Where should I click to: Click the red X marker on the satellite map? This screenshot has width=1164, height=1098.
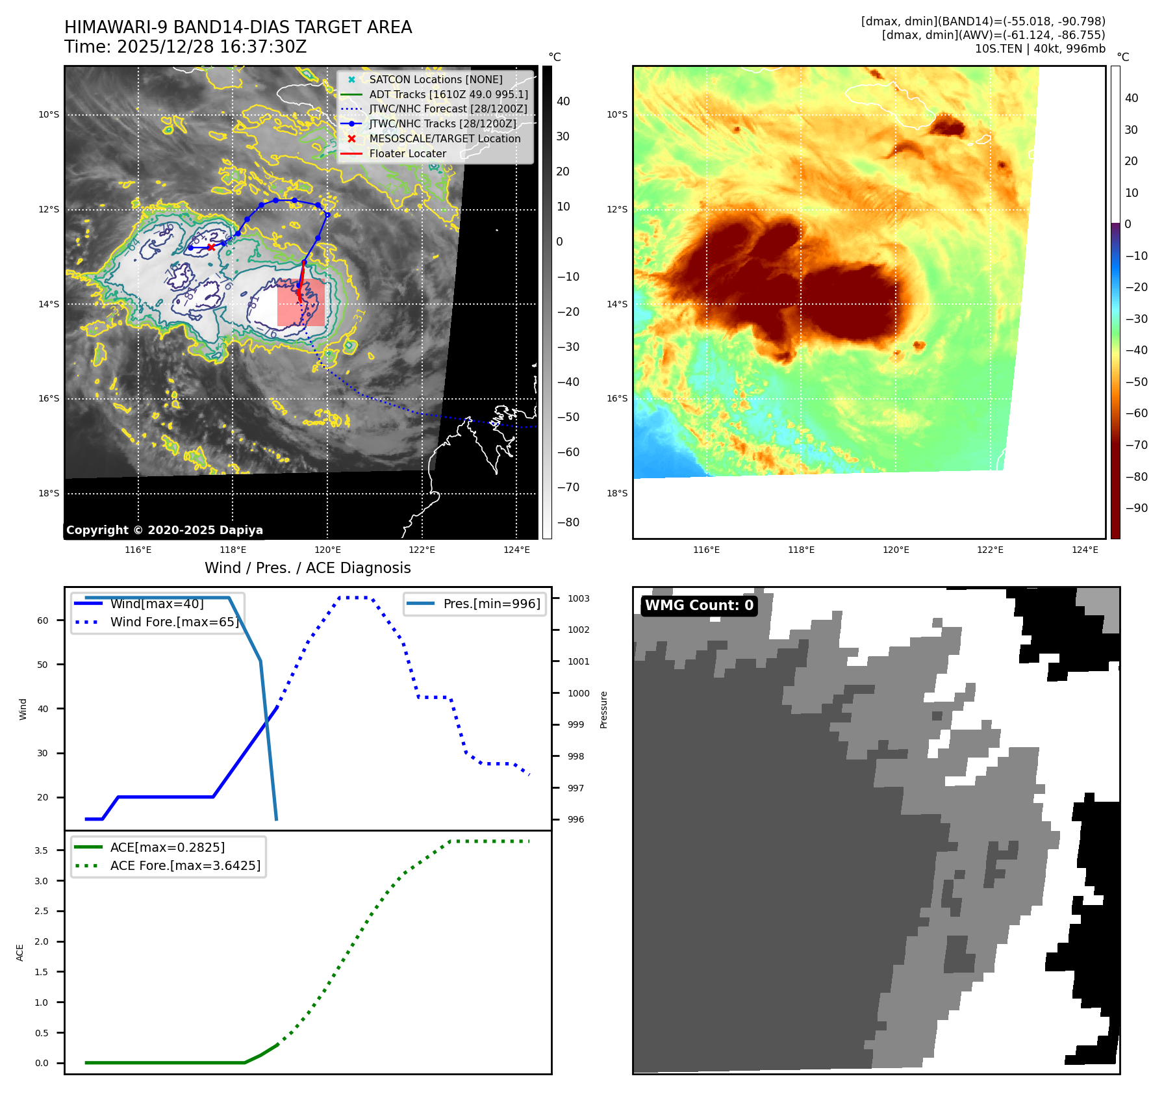click(x=211, y=247)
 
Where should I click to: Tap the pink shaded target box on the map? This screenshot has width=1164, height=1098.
click(x=301, y=303)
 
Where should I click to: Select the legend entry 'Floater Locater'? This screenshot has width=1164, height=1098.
click(x=407, y=154)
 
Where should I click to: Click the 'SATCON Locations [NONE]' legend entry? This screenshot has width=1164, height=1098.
click(x=435, y=80)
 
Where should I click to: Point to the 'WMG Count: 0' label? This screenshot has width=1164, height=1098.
click(x=699, y=606)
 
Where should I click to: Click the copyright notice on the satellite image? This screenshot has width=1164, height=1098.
click(x=164, y=530)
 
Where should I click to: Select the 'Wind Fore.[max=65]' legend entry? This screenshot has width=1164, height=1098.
click(x=174, y=622)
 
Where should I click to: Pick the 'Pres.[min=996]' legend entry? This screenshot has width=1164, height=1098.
click(x=491, y=604)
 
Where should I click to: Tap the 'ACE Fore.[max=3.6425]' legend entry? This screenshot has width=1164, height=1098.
click(x=185, y=865)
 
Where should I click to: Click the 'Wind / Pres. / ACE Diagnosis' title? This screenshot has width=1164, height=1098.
click(x=307, y=568)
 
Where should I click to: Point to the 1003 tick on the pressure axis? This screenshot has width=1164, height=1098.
click(x=578, y=598)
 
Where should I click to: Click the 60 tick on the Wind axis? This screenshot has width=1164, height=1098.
click(x=43, y=620)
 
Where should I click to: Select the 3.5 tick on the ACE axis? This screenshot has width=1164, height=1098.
click(x=41, y=850)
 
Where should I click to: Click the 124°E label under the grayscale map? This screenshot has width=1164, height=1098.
click(x=516, y=550)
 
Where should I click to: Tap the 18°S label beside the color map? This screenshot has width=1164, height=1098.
click(x=617, y=493)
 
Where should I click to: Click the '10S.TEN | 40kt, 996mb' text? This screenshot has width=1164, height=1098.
click(x=1039, y=49)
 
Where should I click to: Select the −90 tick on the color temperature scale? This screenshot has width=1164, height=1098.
click(x=1136, y=508)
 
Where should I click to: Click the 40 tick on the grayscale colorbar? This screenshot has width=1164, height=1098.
click(x=563, y=101)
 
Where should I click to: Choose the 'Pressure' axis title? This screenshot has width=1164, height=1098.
click(x=603, y=709)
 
